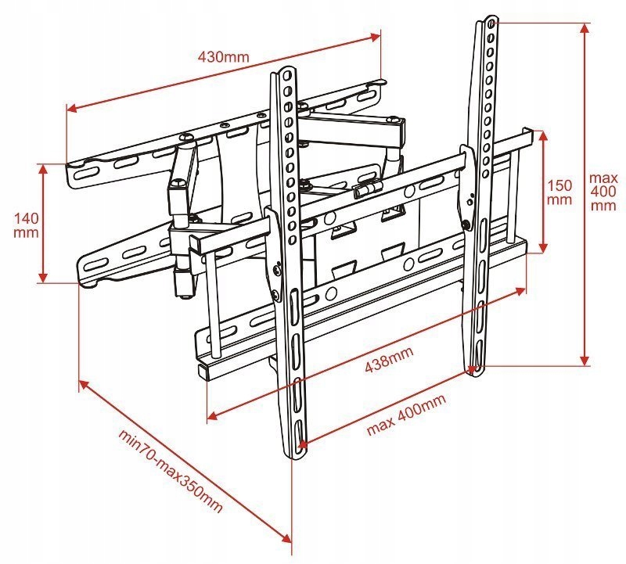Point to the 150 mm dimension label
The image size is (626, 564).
coord(559,192)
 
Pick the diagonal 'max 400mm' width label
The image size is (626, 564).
coord(407,415)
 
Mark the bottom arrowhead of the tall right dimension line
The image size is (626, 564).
coord(585,361)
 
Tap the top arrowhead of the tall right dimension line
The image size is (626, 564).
coord(585,27)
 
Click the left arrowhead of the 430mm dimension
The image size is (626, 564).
coord(70,110)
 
